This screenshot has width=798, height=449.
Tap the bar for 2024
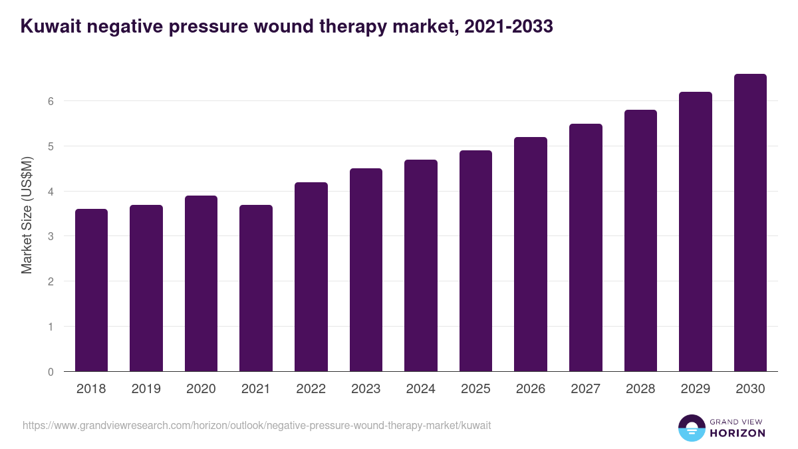(x=421, y=265)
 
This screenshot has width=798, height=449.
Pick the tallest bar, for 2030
(x=750, y=223)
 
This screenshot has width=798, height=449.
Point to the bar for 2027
(x=586, y=247)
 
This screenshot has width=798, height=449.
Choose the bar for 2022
(x=311, y=277)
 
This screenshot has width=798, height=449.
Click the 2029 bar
(x=696, y=231)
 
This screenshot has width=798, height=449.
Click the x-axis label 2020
(x=201, y=389)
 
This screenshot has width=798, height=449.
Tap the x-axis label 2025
(x=475, y=389)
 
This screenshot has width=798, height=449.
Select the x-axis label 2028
(x=640, y=389)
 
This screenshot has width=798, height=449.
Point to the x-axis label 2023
(x=366, y=389)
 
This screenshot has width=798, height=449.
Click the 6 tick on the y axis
(x=51, y=101)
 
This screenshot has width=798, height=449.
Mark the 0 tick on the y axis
(x=51, y=372)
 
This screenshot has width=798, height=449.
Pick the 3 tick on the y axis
(x=51, y=236)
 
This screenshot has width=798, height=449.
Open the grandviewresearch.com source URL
(x=257, y=425)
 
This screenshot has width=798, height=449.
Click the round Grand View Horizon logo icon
(x=692, y=428)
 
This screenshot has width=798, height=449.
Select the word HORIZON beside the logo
(x=737, y=433)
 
